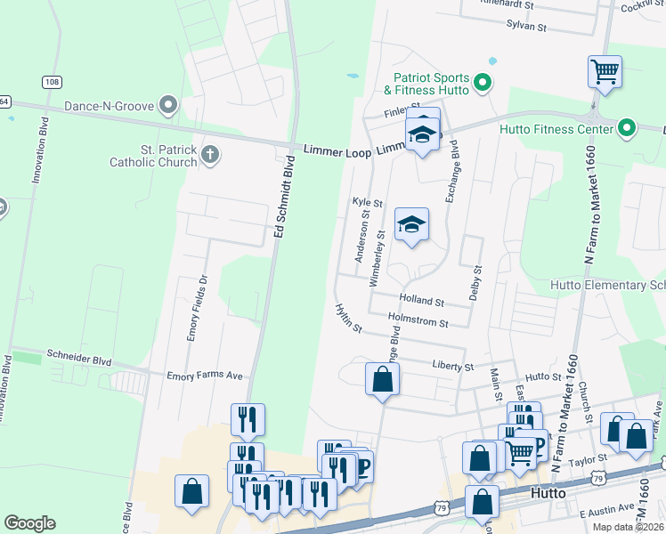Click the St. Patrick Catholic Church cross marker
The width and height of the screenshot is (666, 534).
[x=210, y=154]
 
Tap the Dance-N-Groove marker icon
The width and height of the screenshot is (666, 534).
[x=167, y=106]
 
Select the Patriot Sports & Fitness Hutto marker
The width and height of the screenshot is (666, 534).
[x=483, y=84]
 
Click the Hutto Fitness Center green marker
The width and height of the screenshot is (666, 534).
[x=627, y=129]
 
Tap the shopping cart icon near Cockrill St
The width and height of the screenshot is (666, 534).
[x=605, y=70]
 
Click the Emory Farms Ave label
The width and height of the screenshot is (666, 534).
[x=205, y=376]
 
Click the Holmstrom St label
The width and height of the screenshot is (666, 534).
[x=418, y=320]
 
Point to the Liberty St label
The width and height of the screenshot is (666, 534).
[x=453, y=367]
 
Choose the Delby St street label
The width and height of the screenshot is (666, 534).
[x=476, y=281]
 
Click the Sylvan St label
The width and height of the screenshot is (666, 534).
[x=525, y=27]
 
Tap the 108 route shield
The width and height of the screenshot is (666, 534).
[x=53, y=82]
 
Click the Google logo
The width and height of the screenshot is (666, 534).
[x=30, y=523]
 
